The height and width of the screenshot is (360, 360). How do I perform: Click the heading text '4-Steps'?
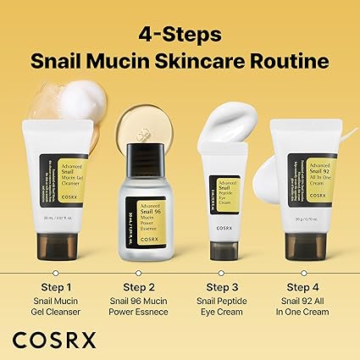[180, 34]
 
